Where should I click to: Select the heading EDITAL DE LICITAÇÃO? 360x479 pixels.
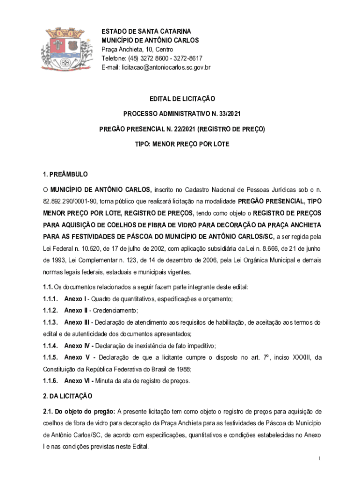(182, 99)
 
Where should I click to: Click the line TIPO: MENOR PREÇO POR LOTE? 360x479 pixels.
(182, 144)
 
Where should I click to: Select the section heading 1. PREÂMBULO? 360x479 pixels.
(65, 174)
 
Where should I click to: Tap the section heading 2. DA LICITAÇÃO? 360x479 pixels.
(68, 396)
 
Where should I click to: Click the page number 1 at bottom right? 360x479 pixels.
(319, 458)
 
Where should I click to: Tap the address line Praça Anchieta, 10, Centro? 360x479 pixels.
(137, 49)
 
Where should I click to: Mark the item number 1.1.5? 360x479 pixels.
(50, 358)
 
